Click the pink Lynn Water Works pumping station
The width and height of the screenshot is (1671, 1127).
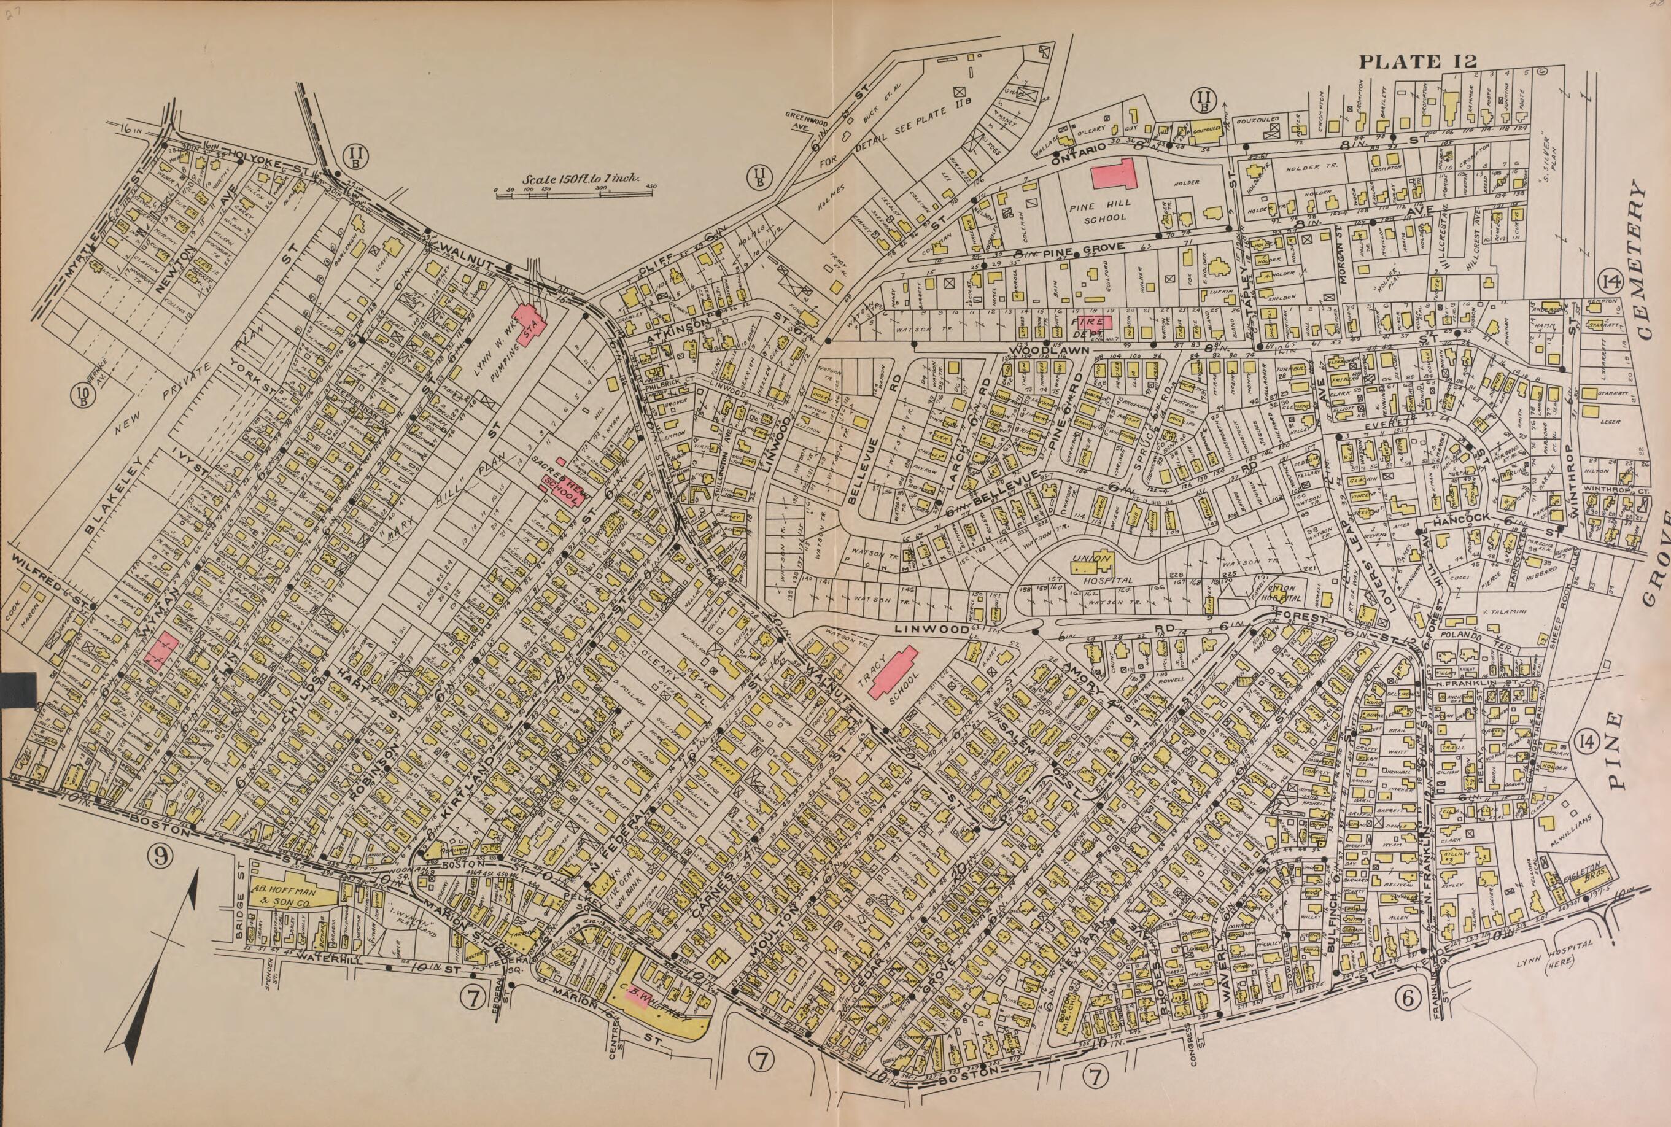click(530, 325)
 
